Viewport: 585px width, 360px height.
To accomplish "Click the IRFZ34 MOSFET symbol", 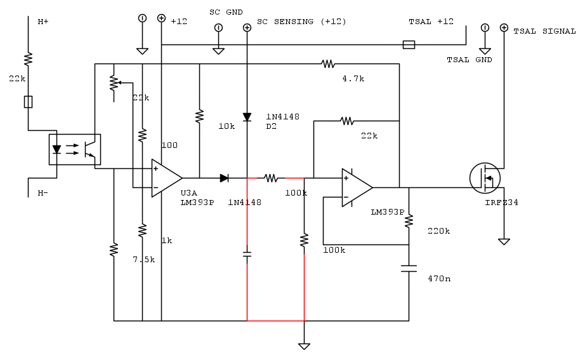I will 485,178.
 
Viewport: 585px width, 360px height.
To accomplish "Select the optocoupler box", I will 75,150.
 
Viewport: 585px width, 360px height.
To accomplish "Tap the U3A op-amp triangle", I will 166,178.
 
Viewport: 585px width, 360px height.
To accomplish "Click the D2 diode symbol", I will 247,117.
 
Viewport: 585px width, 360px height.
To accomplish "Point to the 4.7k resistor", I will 327,63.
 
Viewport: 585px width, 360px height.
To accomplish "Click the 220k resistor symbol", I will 409,220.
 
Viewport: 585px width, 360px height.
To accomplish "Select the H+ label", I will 43,22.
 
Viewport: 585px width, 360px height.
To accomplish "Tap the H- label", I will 43,192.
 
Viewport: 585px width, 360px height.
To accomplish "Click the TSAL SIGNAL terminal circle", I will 504,27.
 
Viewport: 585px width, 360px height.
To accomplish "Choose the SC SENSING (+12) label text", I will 301,22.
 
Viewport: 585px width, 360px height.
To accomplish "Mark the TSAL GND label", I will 469,60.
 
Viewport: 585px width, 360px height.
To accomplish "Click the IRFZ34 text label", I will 501,203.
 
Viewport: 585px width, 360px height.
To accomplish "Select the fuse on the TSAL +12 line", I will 409,44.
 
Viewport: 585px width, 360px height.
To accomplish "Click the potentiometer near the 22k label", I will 114,83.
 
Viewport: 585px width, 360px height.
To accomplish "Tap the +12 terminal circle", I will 162,18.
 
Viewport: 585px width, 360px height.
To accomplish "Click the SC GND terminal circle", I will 218,27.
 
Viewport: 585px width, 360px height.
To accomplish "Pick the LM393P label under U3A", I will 197,203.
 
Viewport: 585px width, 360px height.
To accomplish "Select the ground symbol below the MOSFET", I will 504,241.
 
